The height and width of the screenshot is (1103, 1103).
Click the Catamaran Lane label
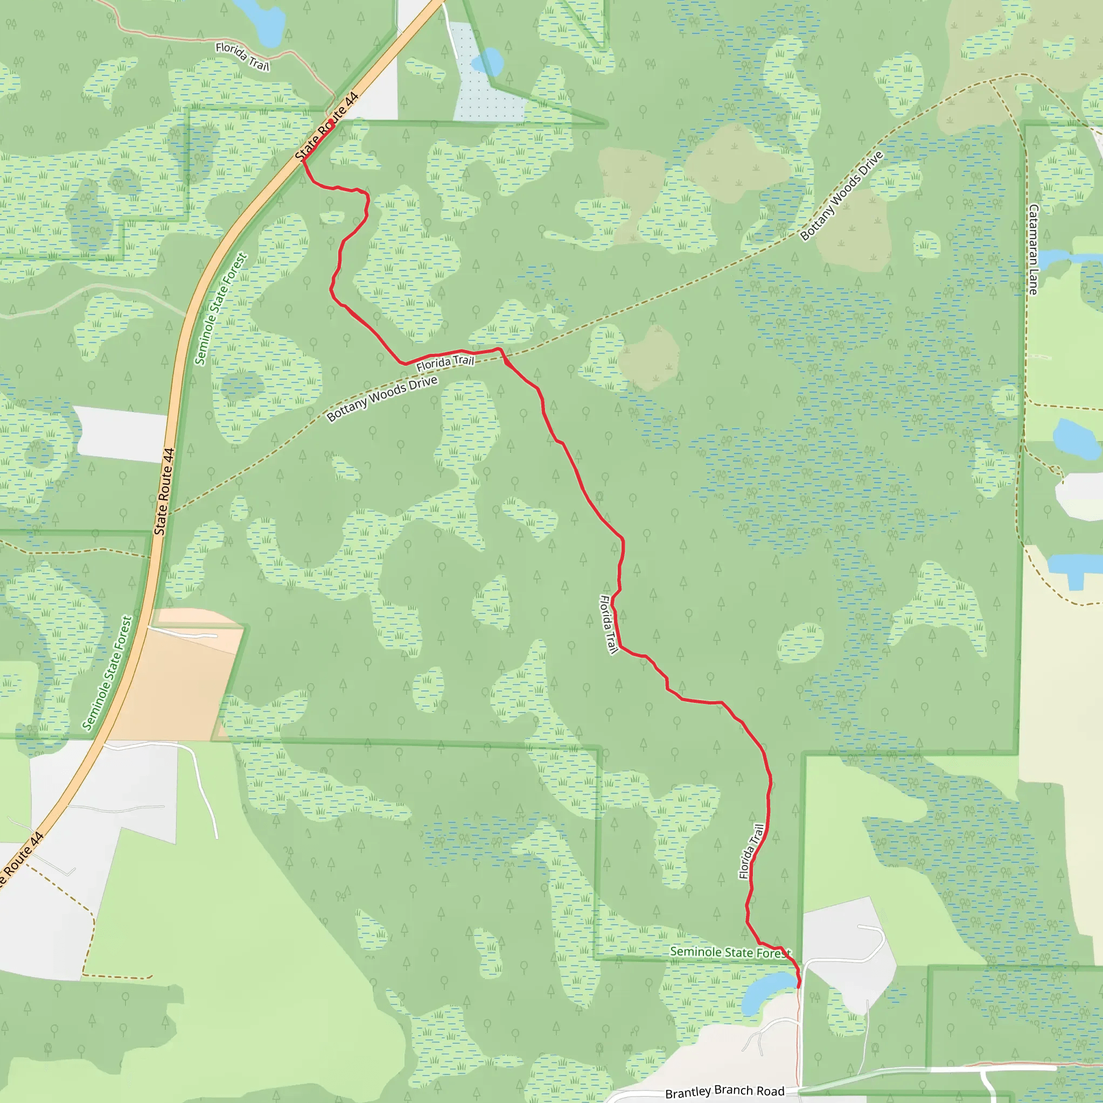[1033, 249]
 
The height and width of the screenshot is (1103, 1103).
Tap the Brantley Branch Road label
[724, 1091]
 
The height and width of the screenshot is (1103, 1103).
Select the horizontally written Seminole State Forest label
[730, 952]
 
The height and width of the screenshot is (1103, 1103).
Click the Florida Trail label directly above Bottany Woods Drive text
[445, 362]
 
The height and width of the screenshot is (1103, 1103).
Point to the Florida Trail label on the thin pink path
[242, 57]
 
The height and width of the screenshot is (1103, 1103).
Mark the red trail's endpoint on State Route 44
[332, 122]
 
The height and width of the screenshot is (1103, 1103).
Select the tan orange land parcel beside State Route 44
[177, 679]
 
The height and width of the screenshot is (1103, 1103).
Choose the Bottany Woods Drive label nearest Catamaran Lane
[842, 196]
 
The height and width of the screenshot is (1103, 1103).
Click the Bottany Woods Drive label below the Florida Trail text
[382, 399]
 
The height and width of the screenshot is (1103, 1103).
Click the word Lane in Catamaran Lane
[1033, 282]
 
